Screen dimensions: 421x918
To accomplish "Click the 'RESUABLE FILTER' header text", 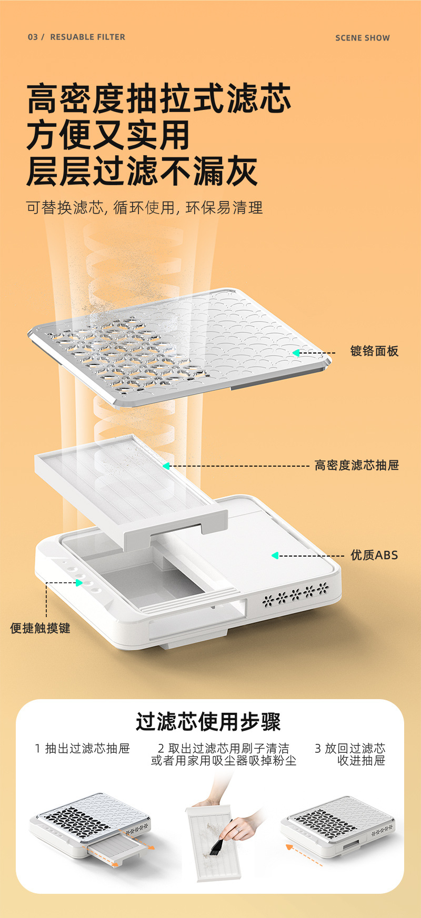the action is point(87,37).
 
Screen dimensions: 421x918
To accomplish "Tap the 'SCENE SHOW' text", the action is point(363,38).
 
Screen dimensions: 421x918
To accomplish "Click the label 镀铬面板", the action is point(375,351).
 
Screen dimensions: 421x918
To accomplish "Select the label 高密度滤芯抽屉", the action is point(357,465).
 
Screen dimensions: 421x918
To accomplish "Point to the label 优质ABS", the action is point(375,555).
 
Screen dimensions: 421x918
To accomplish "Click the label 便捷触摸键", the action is point(40,628).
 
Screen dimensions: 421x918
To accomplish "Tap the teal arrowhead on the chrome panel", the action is point(296,353).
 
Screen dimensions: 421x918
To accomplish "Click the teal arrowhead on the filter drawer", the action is point(166,466).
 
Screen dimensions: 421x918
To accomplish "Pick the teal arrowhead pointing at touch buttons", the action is point(79,582).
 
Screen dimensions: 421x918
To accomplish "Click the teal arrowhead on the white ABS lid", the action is point(274,556).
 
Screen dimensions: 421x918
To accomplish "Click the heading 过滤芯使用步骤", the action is point(208,722).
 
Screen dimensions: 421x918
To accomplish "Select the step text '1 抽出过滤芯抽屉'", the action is point(82,749).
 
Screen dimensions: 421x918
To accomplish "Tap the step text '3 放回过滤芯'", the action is point(350,749).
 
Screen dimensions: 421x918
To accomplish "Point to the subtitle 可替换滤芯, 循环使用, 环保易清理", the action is point(145,208).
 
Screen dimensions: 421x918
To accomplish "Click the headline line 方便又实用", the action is point(108,135).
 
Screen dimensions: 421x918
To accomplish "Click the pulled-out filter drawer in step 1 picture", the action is point(115,851).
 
